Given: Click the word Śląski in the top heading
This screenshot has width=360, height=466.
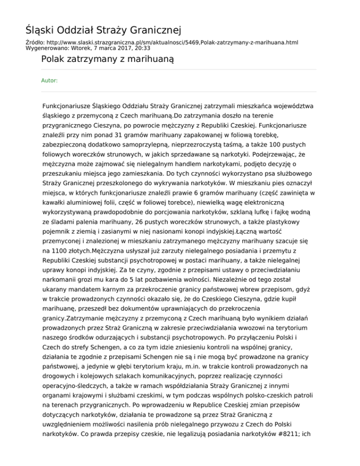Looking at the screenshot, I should click(40, 31).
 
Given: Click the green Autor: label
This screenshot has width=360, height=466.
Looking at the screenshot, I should click(50, 81).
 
